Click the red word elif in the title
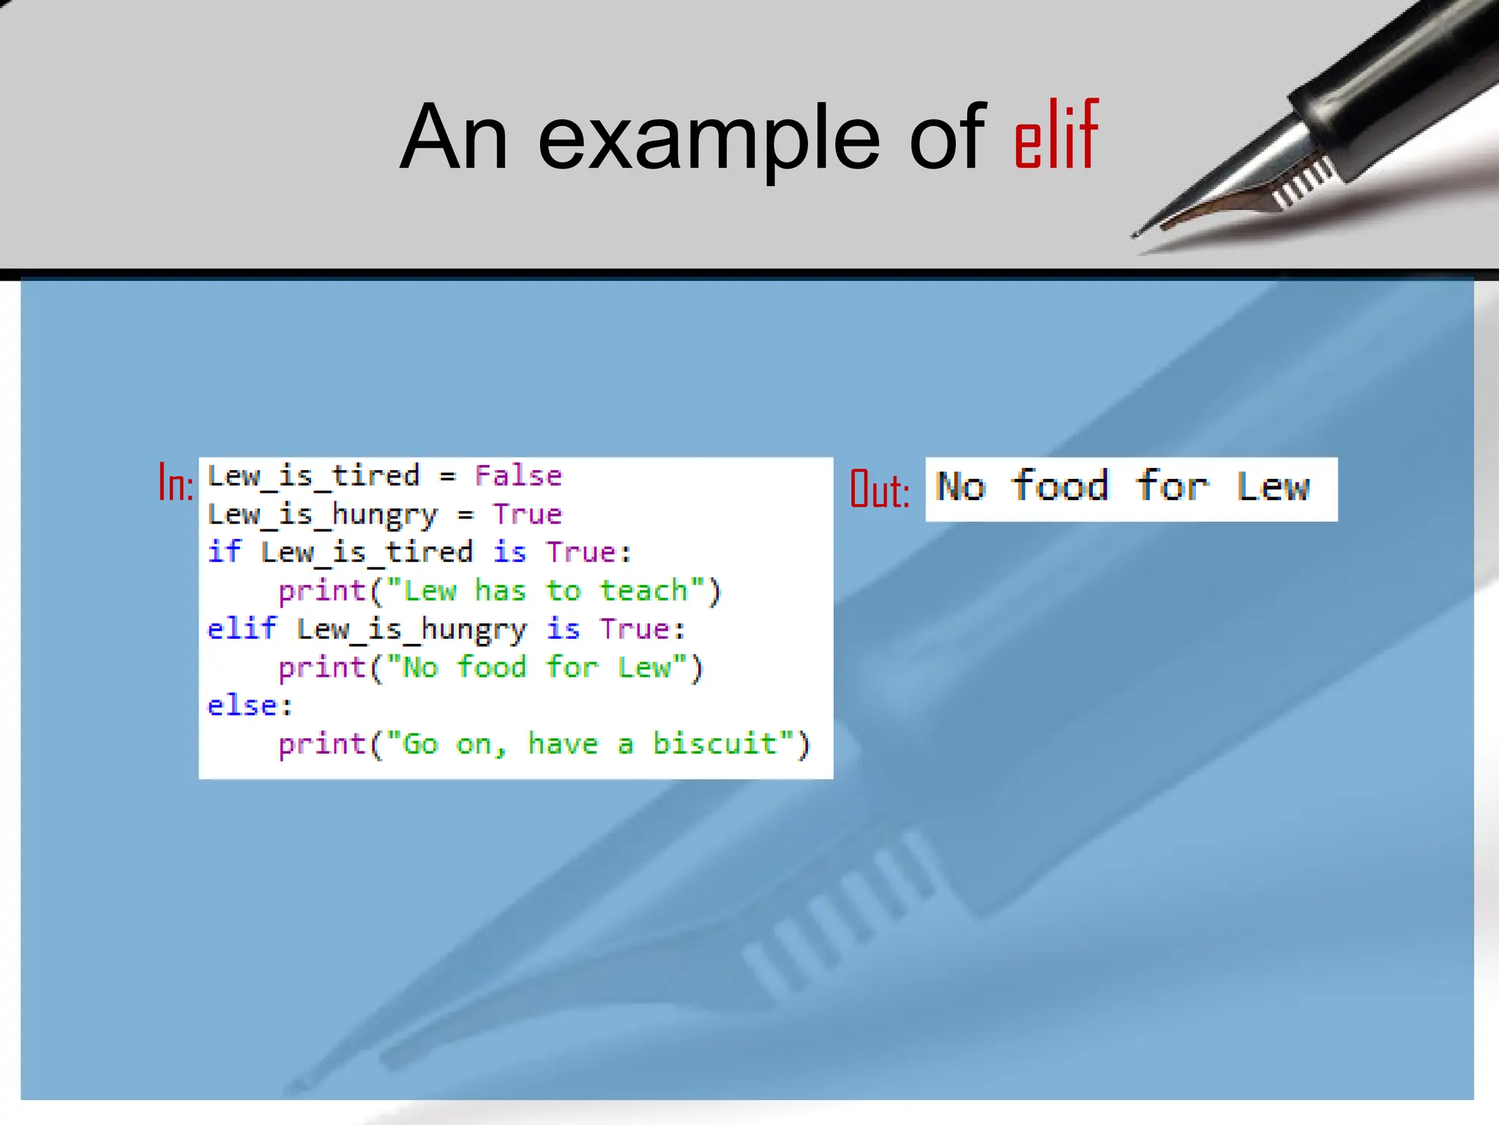coord(1056,136)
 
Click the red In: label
coord(176,483)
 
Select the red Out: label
coord(879,489)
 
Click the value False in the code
coord(518,476)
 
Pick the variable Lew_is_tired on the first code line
coord(313,476)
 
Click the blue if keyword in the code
coord(223,552)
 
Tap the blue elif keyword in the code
coord(242,628)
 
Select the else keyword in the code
coord(242,705)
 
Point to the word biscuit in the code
coord(714,743)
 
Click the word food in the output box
coord(1060,486)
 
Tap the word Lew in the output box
coord(1273,486)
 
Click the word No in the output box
coord(961,486)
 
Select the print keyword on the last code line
coord(322,745)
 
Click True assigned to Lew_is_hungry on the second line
coord(527,514)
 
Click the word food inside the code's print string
coord(491,667)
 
